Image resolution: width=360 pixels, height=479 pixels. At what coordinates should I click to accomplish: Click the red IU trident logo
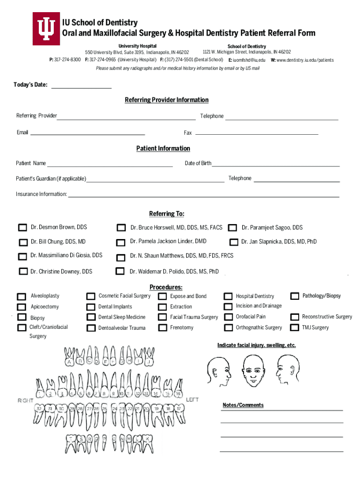click(45, 29)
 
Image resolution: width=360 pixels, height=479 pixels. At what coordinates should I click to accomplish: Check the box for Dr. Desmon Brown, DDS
click(22, 228)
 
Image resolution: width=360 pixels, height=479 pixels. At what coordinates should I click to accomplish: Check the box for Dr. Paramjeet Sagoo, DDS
click(232, 228)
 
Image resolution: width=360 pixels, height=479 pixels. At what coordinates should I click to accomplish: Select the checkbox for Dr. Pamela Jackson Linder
click(121, 242)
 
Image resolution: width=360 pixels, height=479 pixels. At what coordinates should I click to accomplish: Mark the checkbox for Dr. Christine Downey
click(23, 271)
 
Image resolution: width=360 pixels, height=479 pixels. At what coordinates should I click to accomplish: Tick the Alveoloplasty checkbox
click(22, 297)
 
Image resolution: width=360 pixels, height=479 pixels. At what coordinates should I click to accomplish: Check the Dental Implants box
click(91, 307)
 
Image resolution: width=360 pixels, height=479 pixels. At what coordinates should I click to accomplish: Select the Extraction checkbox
click(162, 307)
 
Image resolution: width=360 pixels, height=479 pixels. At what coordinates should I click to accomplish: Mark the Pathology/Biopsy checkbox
click(295, 296)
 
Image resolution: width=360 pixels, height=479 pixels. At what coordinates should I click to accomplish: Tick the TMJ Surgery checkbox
click(294, 328)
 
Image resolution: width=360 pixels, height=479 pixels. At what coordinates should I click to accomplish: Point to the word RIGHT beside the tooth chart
click(25, 400)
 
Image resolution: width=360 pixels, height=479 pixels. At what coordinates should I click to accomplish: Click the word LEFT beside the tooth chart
click(192, 399)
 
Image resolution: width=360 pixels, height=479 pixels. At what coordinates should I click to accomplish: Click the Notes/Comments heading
click(243, 405)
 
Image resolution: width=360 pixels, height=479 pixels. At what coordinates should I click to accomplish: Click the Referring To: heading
click(166, 214)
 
